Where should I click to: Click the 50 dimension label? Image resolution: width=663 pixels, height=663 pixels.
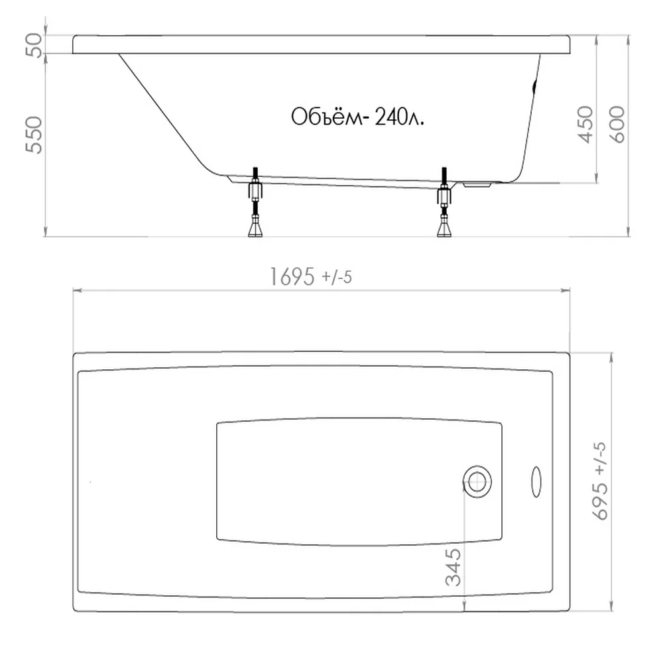tap(34, 45)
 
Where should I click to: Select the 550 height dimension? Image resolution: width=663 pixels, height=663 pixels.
tap(34, 135)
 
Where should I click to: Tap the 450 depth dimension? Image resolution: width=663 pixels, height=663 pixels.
tap(585, 125)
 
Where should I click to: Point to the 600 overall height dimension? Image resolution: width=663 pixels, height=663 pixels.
tap(618, 125)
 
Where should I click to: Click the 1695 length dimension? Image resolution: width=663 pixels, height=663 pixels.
tap(292, 277)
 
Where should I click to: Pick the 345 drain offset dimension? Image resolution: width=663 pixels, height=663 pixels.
tap(453, 567)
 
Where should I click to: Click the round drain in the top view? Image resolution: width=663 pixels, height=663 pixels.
tap(477, 482)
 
